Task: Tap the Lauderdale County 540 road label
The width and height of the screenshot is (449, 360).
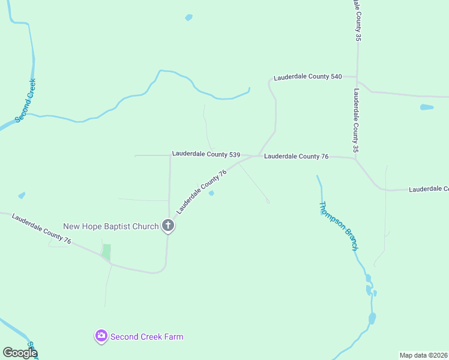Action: pyautogui.click(x=307, y=77)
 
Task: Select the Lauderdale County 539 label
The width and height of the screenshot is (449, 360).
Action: pyautogui.click(x=206, y=154)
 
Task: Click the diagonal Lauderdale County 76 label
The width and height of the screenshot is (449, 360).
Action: pyautogui.click(x=201, y=191)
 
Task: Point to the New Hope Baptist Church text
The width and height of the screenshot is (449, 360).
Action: pyautogui.click(x=111, y=226)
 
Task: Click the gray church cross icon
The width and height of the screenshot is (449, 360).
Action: pyautogui.click(x=169, y=226)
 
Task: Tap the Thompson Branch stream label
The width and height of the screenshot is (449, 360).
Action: pyautogui.click(x=338, y=226)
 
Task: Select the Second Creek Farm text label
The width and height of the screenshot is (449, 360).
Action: pyautogui.click(x=146, y=337)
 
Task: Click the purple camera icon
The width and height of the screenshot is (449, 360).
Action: pyautogui.click(x=101, y=336)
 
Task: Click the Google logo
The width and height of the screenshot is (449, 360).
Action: pyautogui.click(x=19, y=353)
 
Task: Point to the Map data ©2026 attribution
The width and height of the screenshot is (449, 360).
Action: pyautogui.click(x=423, y=355)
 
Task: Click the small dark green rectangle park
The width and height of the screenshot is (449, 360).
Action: pyautogui.click(x=106, y=252)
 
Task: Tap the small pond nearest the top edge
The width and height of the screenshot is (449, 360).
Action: pyautogui.click(x=188, y=17)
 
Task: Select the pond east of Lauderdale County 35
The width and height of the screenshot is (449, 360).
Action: pyautogui.click(x=426, y=107)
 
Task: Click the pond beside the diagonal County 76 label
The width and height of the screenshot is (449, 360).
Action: pyautogui.click(x=211, y=193)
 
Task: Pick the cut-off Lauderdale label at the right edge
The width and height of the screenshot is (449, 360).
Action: pyautogui.click(x=429, y=189)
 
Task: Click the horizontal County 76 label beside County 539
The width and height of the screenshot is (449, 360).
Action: pyautogui.click(x=296, y=156)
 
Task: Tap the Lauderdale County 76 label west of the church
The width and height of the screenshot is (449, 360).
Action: pyautogui.click(x=41, y=230)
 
